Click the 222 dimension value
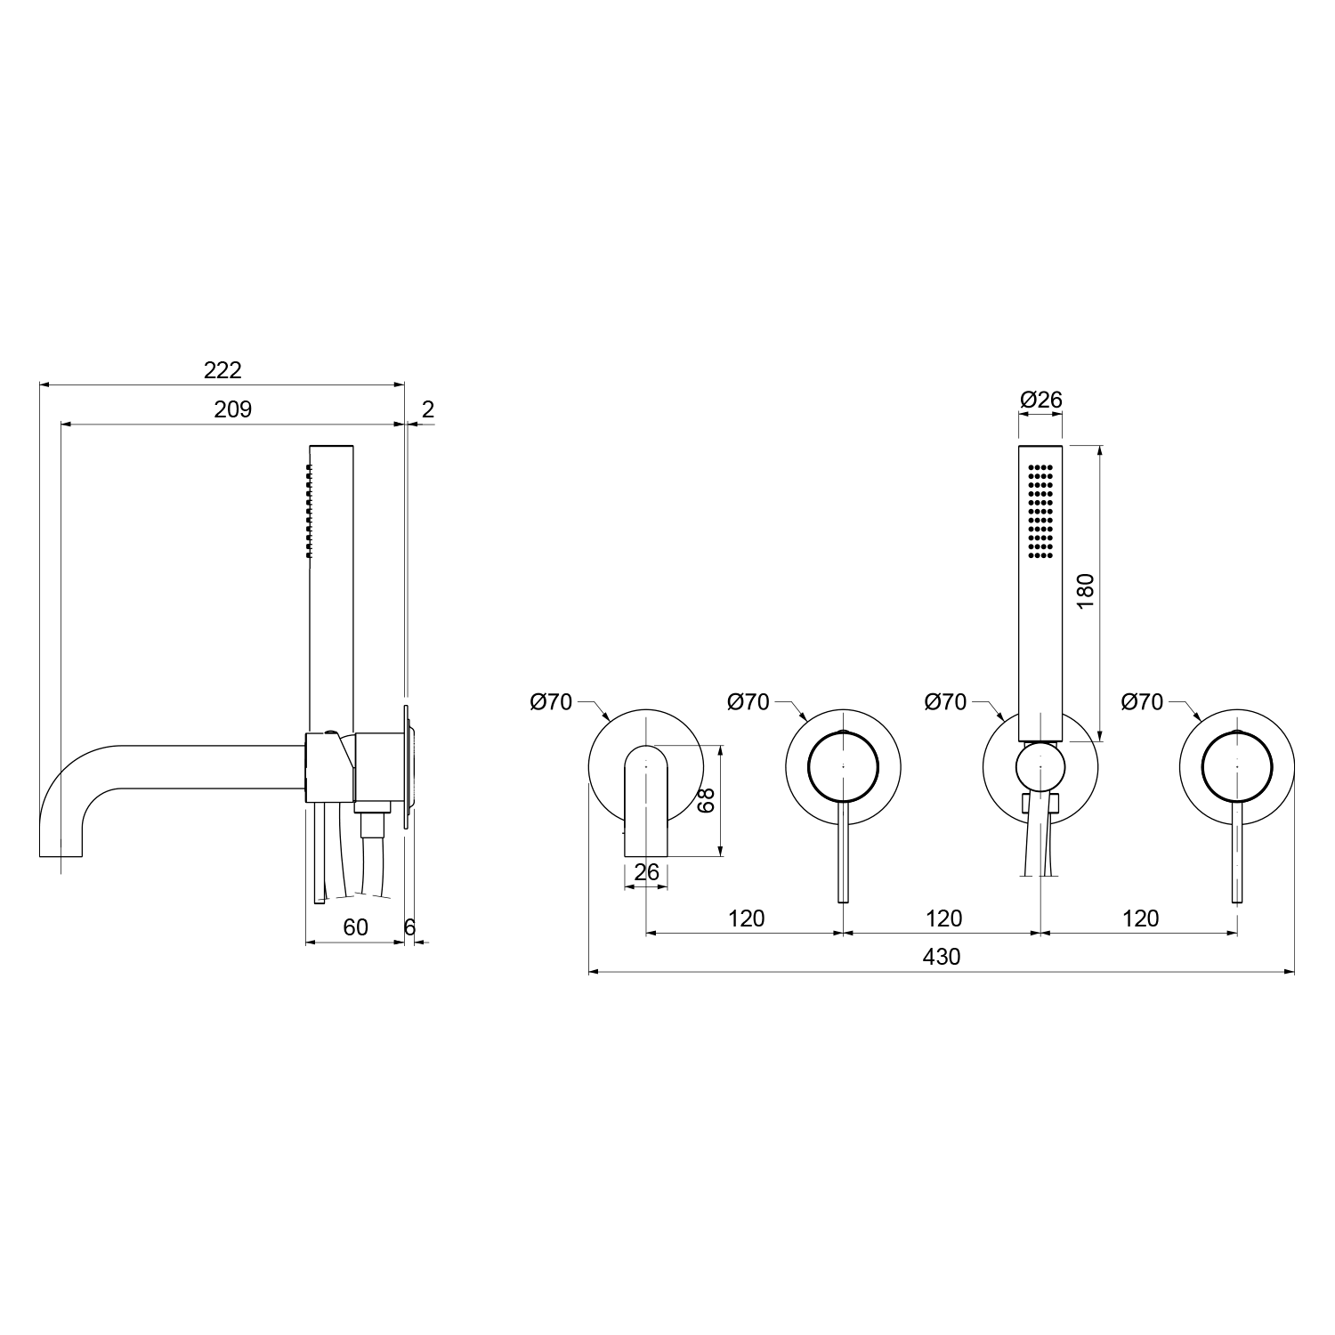222,369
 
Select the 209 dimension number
233,409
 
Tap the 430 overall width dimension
942,957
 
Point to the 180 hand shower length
1085,591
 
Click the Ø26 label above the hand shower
1041,400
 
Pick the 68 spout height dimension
707,800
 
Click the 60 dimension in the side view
355,927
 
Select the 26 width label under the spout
647,872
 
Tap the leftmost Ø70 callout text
551,702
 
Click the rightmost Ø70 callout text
1142,702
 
